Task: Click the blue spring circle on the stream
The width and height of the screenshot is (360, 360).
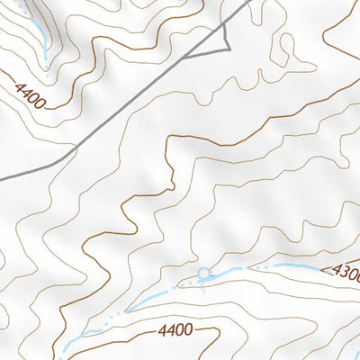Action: click(x=203, y=273)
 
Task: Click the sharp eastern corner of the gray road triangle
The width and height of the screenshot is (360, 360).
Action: click(x=230, y=47)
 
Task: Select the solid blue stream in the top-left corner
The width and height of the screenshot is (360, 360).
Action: click(x=36, y=31)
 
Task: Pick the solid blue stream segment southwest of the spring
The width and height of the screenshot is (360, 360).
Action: click(x=148, y=299)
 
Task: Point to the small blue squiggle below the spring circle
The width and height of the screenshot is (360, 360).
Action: click(x=203, y=285)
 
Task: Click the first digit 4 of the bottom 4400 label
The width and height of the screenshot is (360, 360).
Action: click(x=159, y=330)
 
